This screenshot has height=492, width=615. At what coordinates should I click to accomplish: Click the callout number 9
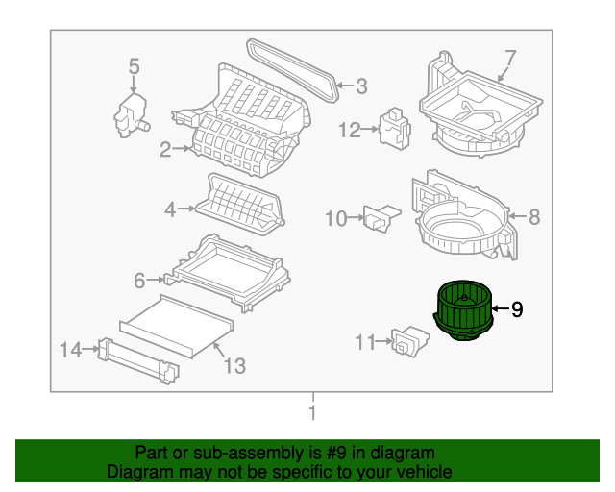pos(517,308)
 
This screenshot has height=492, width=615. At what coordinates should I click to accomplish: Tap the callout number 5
pos(134,66)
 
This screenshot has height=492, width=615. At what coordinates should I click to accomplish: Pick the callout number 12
pos(348,129)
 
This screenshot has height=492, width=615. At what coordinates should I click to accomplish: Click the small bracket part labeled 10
pos(379,217)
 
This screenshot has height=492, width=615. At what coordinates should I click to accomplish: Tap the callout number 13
pos(234,365)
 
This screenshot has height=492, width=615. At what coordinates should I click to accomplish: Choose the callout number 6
pos(139,281)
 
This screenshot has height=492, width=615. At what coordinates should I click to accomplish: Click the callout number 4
pos(170,208)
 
